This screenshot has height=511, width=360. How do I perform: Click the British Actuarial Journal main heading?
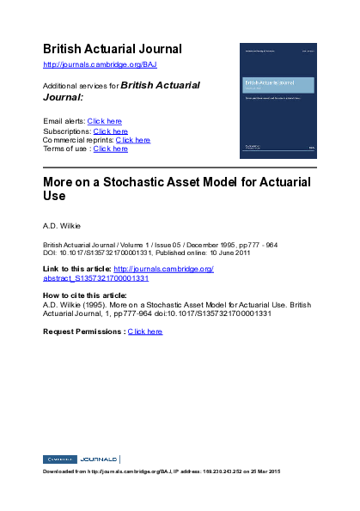coord(113,49)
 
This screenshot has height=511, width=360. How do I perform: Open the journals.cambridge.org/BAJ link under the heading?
coord(100,64)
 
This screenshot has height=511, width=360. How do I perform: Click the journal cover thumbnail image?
coord(278,100)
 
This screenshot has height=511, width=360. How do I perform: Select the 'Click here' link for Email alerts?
coord(105,121)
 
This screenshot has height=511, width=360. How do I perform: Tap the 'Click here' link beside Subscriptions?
coord(111,131)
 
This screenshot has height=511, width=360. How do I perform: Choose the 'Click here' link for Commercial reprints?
coord(133,140)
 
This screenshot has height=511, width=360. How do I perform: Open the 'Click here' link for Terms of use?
coord(111,149)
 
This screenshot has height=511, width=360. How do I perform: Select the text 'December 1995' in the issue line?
coord(191,245)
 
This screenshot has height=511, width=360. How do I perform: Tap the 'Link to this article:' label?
coord(77,270)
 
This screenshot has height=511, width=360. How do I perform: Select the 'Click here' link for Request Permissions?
coord(145,331)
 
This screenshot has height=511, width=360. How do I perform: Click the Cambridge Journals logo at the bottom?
coord(81,459)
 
